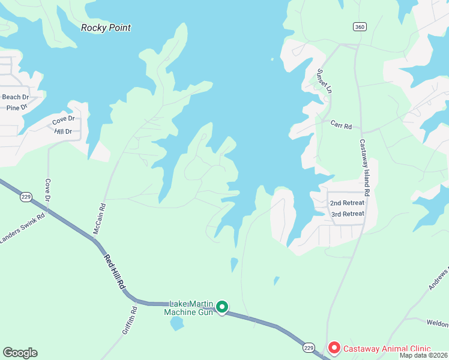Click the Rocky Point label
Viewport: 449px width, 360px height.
pos(106,28)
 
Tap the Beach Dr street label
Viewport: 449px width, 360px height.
pos(16,97)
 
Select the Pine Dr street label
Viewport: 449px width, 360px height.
pos(17,107)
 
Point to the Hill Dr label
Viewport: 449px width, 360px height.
pos(62,131)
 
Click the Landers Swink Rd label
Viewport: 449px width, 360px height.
pos(23,229)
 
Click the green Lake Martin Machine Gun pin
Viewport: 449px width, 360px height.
pos(221,308)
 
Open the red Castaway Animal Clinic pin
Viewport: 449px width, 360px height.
pos(333,348)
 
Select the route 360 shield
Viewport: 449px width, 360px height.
pos(360,27)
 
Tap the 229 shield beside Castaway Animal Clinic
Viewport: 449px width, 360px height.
pos(309,347)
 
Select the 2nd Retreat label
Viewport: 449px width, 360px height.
pos(347,203)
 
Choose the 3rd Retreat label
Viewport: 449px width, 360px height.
pos(348,214)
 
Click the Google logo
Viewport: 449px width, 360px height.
pos(20,353)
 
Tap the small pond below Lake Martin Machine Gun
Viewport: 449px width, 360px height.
pos(176,324)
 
